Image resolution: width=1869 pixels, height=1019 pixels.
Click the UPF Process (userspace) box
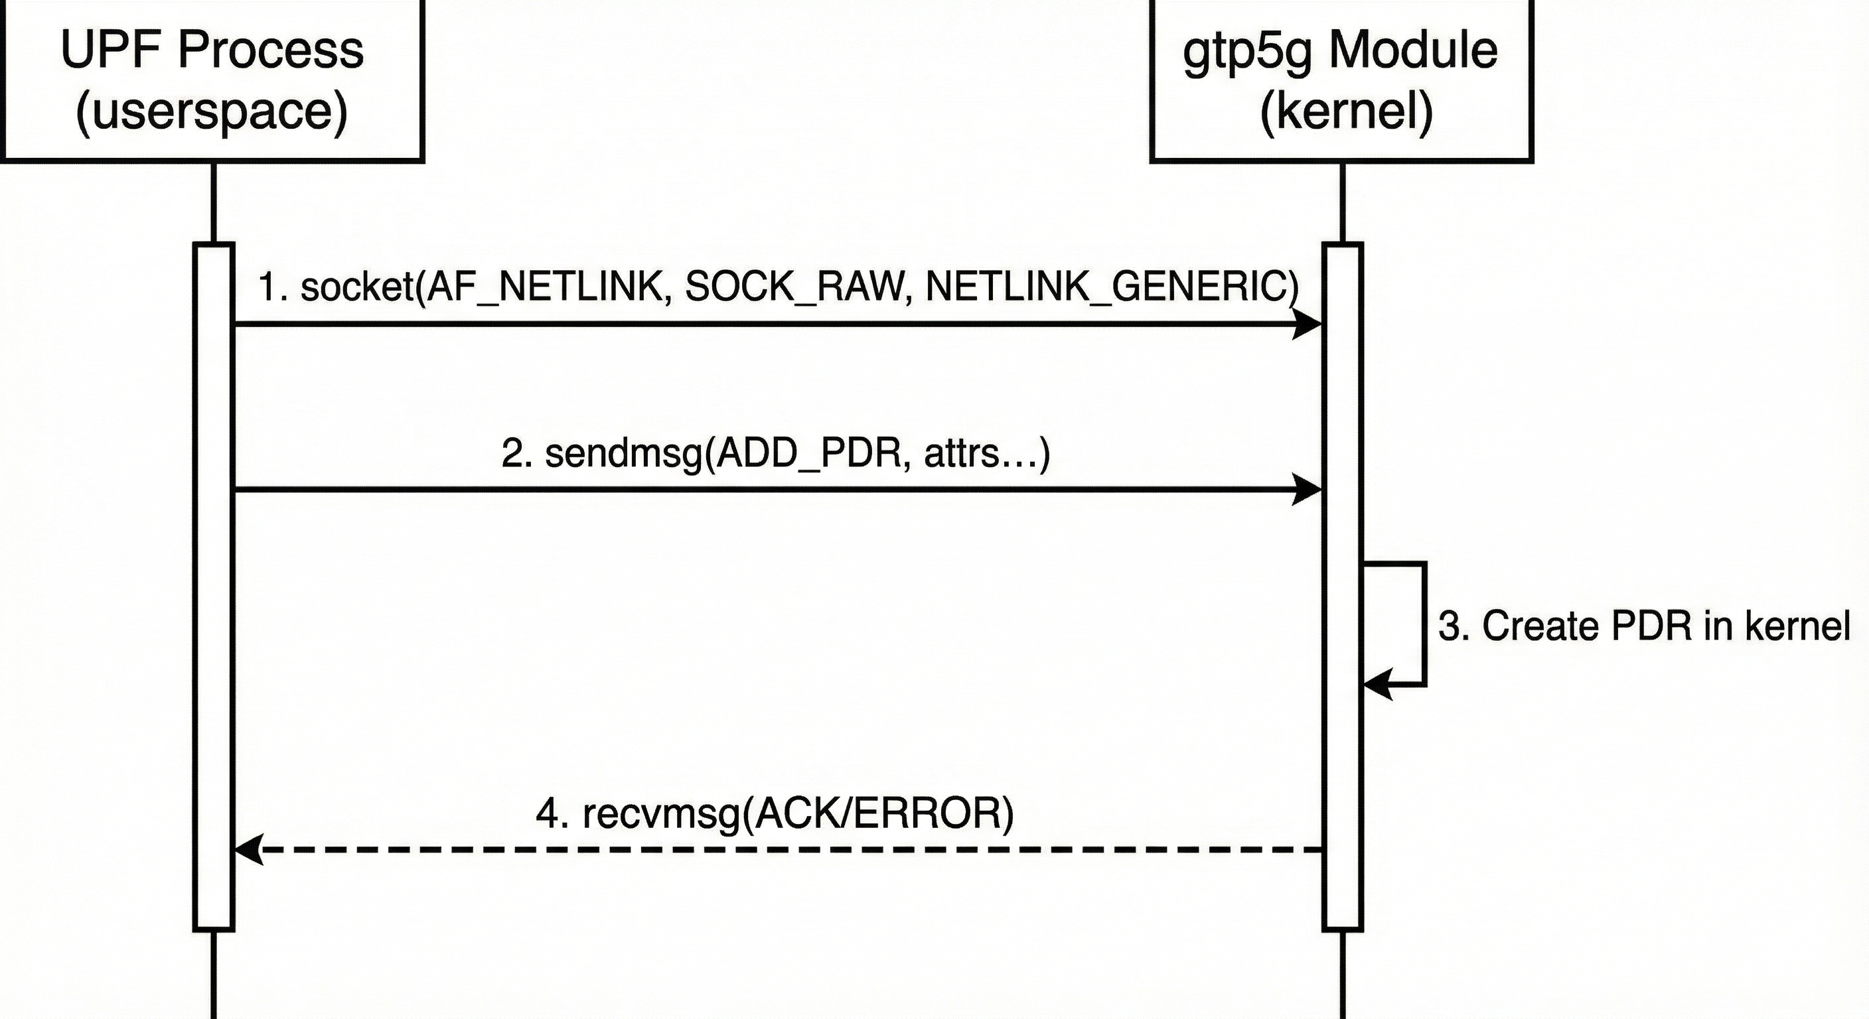point(212,80)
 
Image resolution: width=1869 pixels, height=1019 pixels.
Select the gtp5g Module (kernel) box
point(1341,80)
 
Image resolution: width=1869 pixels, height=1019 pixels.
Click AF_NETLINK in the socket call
point(544,287)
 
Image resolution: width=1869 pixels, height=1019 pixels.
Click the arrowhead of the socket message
point(1308,324)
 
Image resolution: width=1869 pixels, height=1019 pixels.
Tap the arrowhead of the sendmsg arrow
point(1308,490)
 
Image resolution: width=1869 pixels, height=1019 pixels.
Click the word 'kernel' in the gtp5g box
point(1347,111)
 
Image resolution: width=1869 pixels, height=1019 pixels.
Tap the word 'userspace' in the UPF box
point(212,111)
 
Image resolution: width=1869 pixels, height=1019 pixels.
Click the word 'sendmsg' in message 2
point(624,454)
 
